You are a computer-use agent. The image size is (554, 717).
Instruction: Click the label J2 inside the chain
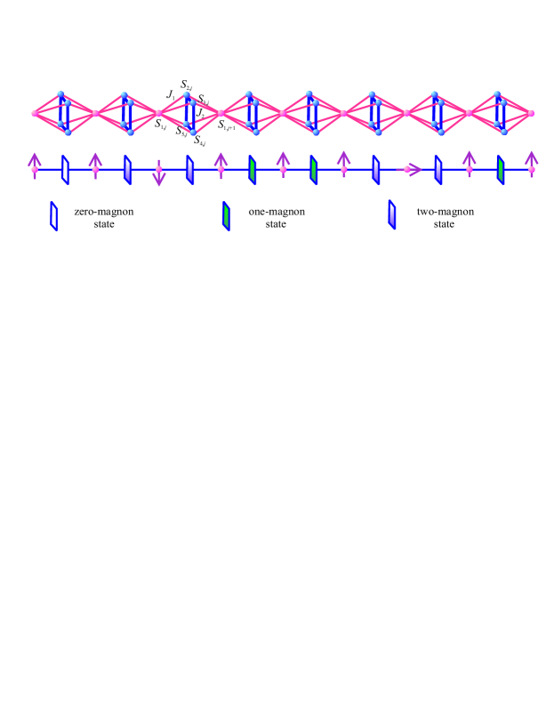pyautogui.click(x=202, y=113)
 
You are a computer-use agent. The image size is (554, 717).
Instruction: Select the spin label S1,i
pyautogui.click(x=161, y=125)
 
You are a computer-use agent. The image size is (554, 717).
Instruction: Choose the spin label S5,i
pyautogui.click(x=181, y=133)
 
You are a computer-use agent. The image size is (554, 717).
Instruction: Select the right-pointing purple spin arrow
pyautogui.click(x=409, y=168)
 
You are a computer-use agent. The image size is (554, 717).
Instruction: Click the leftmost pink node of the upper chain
pyautogui.click(x=35, y=113)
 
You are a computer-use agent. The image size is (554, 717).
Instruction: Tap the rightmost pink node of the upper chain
pyautogui.click(x=531, y=113)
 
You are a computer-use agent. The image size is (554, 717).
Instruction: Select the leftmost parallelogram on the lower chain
pyautogui.click(x=66, y=168)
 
